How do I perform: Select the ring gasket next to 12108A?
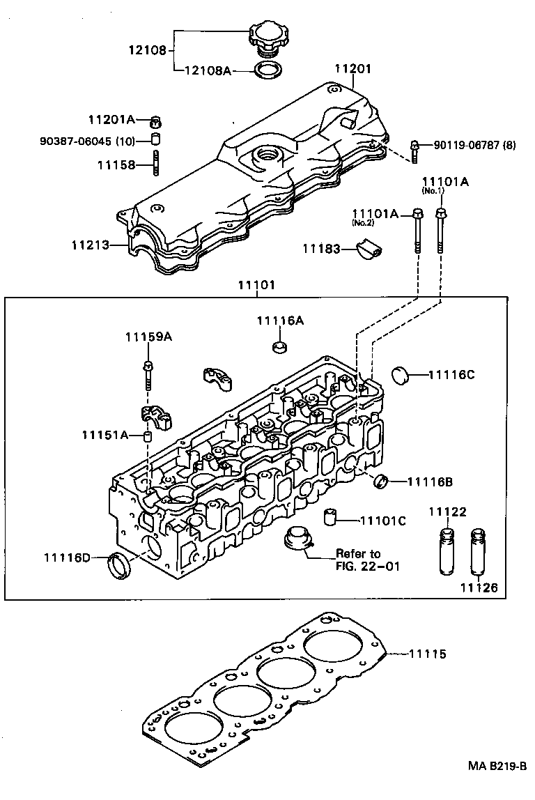(265, 70)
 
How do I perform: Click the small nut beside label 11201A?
(156, 121)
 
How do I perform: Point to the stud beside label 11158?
(156, 164)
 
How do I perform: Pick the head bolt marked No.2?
(417, 230)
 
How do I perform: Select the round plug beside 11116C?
(401, 374)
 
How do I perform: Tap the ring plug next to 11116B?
(381, 481)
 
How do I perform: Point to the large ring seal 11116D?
(121, 564)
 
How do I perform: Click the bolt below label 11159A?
(148, 374)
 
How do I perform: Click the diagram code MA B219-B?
(497, 785)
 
